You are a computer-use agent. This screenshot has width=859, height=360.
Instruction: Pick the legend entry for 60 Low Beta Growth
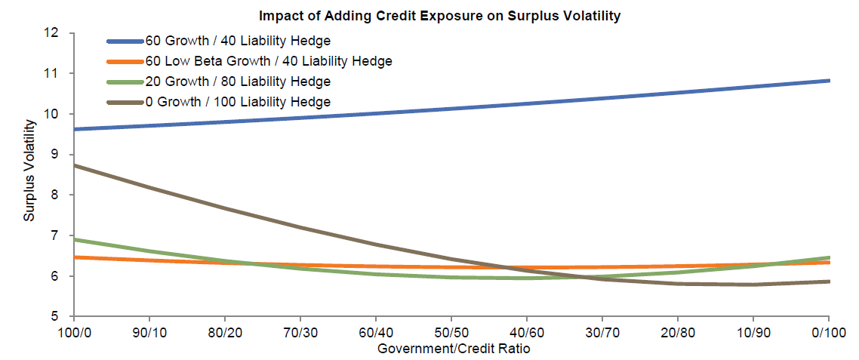pos(269,60)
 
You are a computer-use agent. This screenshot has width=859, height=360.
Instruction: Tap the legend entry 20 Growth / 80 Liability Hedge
pos(238,81)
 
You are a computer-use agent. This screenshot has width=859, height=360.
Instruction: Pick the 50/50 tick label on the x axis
pos(451,333)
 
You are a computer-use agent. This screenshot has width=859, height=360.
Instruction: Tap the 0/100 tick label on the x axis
pos(829,333)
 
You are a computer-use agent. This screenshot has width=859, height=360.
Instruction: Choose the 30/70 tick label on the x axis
pos(602,333)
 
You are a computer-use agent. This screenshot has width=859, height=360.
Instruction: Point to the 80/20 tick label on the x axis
pos(225,333)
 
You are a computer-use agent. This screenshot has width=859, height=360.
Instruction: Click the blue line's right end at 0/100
pos(829,80)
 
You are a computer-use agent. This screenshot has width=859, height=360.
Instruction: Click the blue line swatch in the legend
pos(125,40)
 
